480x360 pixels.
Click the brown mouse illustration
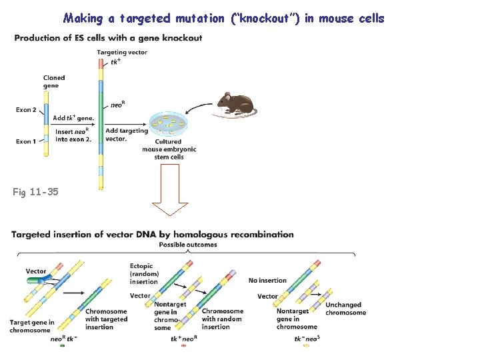click(x=234, y=103)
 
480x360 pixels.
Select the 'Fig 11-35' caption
click(x=35, y=192)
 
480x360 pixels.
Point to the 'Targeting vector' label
click(x=122, y=52)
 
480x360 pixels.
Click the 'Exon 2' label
click(x=26, y=109)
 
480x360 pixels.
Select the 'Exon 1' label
click(x=25, y=141)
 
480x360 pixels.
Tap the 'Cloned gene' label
click(x=54, y=81)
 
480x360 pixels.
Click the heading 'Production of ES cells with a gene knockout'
click(x=108, y=38)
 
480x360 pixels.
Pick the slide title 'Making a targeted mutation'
click(x=224, y=18)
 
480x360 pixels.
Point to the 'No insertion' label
click(x=267, y=281)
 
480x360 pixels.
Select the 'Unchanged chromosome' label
click(x=345, y=309)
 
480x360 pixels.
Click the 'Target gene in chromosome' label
click(x=32, y=327)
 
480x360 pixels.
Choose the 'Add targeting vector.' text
click(x=126, y=135)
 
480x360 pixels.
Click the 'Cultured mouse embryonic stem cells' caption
click(x=169, y=149)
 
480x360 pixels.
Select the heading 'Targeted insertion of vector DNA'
click(x=153, y=234)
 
